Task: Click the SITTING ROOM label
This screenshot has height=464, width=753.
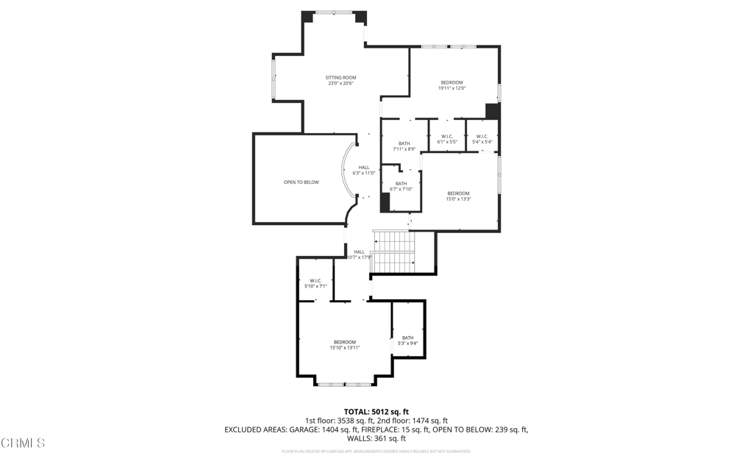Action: (x=340, y=77)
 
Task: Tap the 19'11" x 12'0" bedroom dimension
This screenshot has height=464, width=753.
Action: (x=452, y=88)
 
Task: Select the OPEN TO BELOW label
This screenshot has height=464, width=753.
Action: (x=301, y=182)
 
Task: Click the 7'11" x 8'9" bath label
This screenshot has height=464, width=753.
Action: (x=404, y=146)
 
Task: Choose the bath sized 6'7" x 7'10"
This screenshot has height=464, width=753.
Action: (x=401, y=186)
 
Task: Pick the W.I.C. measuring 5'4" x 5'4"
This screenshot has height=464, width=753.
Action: (x=482, y=138)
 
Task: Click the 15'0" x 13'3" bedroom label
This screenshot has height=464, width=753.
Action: (x=458, y=196)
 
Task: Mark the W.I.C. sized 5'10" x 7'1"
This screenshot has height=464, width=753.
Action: (x=315, y=283)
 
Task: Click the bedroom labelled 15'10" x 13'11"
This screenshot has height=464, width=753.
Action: (x=344, y=344)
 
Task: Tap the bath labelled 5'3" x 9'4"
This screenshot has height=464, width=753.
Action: (x=407, y=340)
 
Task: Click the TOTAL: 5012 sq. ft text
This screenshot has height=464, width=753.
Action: (x=376, y=411)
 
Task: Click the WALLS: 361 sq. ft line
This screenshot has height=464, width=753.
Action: (x=376, y=438)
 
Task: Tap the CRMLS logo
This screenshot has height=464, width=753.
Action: (x=24, y=443)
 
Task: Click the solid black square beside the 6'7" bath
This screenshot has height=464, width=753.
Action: (x=385, y=203)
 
